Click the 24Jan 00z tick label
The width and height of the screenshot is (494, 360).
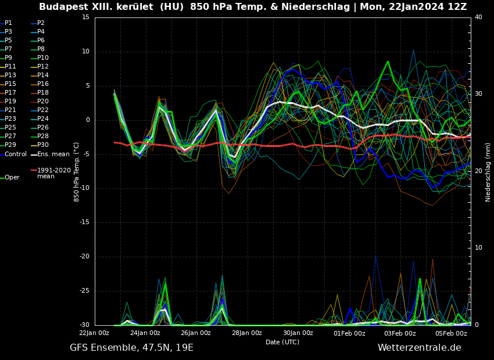click(x=145, y=333)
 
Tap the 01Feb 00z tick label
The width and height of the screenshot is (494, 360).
click(x=349, y=333)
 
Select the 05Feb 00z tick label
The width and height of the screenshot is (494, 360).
click(x=452, y=333)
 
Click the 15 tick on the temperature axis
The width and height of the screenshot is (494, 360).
click(x=85, y=17)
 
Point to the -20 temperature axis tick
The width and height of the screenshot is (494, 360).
click(x=84, y=257)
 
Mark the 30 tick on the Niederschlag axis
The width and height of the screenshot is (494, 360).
click(x=478, y=94)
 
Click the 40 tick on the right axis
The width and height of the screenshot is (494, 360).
click(x=478, y=17)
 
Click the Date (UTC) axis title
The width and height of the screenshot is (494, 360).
click(x=282, y=342)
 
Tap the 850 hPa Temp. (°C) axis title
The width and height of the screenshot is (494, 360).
click(x=77, y=171)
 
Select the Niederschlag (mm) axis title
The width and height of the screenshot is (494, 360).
click(x=488, y=171)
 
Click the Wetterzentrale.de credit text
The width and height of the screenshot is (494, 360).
click(x=419, y=348)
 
